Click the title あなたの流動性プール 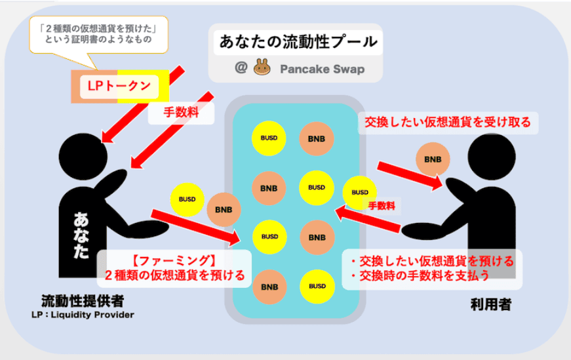[x=298, y=43]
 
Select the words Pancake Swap [x=321, y=68]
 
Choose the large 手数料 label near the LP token [x=182, y=113]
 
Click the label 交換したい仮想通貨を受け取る [x=448, y=123]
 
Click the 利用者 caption [x=490, y=304]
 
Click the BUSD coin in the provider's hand [x=186, y=199]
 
